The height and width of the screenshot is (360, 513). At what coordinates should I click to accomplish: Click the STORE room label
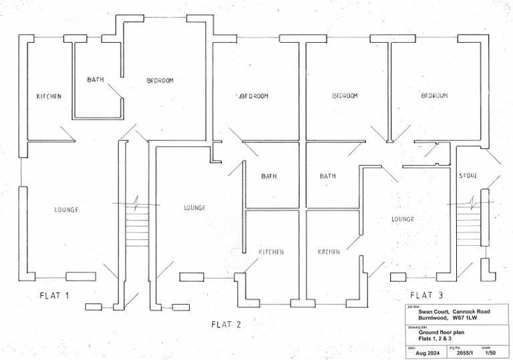468,176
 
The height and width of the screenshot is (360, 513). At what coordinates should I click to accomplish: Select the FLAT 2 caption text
226,325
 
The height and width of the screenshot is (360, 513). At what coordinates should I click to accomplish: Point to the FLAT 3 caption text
425,295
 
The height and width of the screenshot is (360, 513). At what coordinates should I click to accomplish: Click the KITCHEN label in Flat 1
49,97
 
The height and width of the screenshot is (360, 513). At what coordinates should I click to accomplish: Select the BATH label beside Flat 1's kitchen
96,80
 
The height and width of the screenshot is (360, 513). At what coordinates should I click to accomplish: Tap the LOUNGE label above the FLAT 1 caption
66,210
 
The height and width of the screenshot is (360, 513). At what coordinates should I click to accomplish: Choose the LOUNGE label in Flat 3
402,219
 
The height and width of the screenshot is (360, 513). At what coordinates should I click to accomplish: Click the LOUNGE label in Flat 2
194,208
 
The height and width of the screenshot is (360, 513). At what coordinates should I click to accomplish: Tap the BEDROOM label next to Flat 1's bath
160,81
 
